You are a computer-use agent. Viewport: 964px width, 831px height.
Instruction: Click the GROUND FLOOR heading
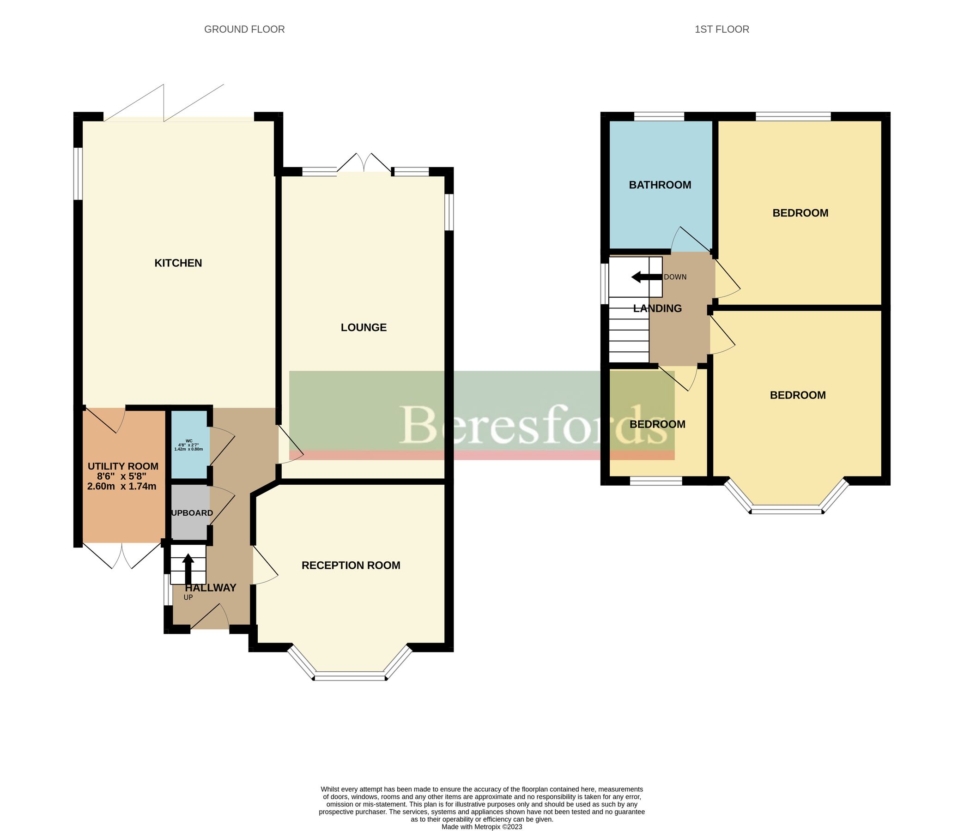[x=244, y=29]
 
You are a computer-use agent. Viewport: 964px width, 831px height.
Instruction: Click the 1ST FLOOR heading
[x=721, y=29]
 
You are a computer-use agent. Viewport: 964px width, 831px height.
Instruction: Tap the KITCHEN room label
[x=178, y=263]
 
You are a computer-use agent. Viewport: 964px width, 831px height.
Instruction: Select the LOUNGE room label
[x=364, y=327]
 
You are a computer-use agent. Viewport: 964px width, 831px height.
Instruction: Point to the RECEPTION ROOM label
[x=351, y=566]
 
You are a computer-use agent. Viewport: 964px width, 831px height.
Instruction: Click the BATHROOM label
[x=660, y=185]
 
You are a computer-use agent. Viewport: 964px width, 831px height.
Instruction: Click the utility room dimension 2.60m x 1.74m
[x=122, y=487]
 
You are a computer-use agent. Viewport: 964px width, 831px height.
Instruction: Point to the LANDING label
[x=657, y=308]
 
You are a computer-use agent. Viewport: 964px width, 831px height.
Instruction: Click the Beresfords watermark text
[x=533, y=425]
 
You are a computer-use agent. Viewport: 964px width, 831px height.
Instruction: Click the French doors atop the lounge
[x=364, y=164]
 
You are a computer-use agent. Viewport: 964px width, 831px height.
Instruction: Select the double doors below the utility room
[x=122, y=556]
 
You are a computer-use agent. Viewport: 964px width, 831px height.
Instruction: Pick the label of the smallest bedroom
[x=657, y=425]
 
